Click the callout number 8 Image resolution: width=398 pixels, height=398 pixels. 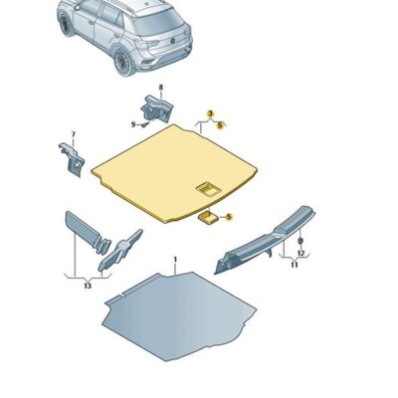click(161, 88)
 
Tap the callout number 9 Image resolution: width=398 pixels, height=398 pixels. click(132, 124)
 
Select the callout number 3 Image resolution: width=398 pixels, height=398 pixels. click(210, 114)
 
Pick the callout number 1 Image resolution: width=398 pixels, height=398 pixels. click(175, 260)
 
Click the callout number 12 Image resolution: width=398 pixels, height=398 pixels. click(301, 254)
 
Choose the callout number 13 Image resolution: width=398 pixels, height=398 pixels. click(87, 287)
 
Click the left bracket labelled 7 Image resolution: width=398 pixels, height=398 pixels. click(71, 159)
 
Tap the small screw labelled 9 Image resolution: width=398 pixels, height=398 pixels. click(145, 124)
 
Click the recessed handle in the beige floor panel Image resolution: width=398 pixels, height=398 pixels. click(209, 187)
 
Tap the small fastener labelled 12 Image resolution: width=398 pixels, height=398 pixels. click(301, 242)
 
